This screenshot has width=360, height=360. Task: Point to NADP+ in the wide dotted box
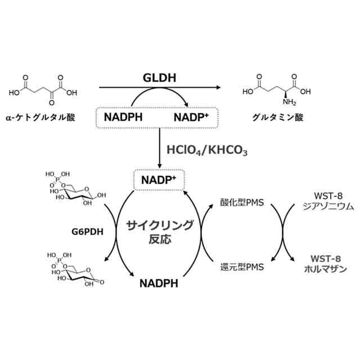click(192, 117)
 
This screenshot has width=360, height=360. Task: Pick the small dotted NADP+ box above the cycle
click(159, 180)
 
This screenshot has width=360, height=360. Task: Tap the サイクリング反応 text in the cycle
click(160, 231)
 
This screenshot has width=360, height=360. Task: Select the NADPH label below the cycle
click(159, 282)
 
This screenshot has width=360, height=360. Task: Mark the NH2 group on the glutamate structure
click(289, 102)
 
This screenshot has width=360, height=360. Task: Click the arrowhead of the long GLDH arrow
click(217, 88)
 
